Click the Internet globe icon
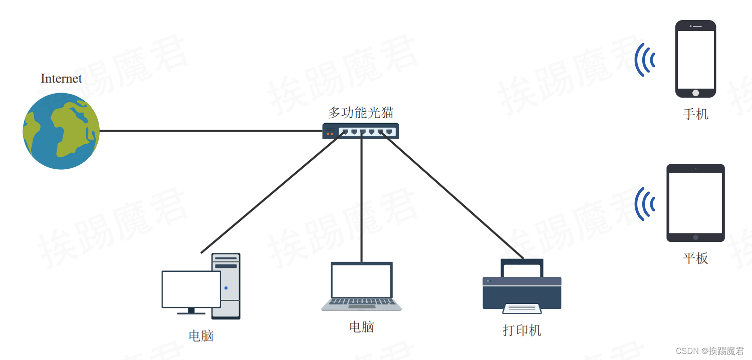(x=61, y=131)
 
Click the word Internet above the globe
(x=61, y=79)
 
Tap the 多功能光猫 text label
(x=361, y=113)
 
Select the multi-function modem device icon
(x=361, y=131)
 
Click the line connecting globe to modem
(x=210, y=131)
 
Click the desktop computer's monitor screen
(x=191, y=289)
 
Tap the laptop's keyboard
(x=361, y=302)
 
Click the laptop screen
(x=362, y=280)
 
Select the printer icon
(x=522, y=288)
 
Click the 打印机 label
(x=522, y=330)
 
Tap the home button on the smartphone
(x=695, y=93)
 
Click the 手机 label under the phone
(x=695, y=114)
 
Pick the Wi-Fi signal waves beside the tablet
(x=645, y=204)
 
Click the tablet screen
(x=695, y=203)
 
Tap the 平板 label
(x=695, y=258)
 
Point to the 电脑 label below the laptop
(x=362, y=327)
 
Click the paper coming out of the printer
(x=522, y=308)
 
